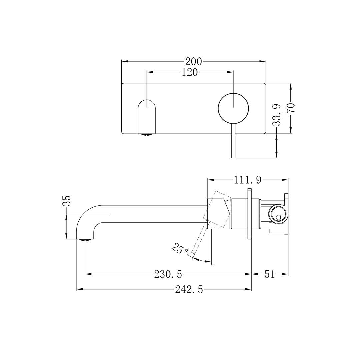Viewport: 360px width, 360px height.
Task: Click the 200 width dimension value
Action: click(194, 61)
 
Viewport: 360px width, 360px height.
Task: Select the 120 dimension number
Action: click(190, 72)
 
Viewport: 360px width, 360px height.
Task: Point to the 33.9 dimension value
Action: click(276, 115)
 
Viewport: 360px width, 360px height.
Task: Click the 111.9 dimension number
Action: click(247, 180)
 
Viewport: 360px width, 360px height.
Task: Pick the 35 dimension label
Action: click(67, 201)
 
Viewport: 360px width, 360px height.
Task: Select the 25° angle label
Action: click(180, 249)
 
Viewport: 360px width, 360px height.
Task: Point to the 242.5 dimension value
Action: click(189, 289)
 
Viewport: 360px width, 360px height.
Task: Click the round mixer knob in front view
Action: click(233, 107)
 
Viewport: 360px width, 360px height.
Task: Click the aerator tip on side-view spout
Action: click(85, 239)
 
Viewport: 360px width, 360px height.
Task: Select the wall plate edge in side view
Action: click(249, 214)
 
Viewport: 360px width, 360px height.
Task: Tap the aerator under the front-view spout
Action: click(147, 135)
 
